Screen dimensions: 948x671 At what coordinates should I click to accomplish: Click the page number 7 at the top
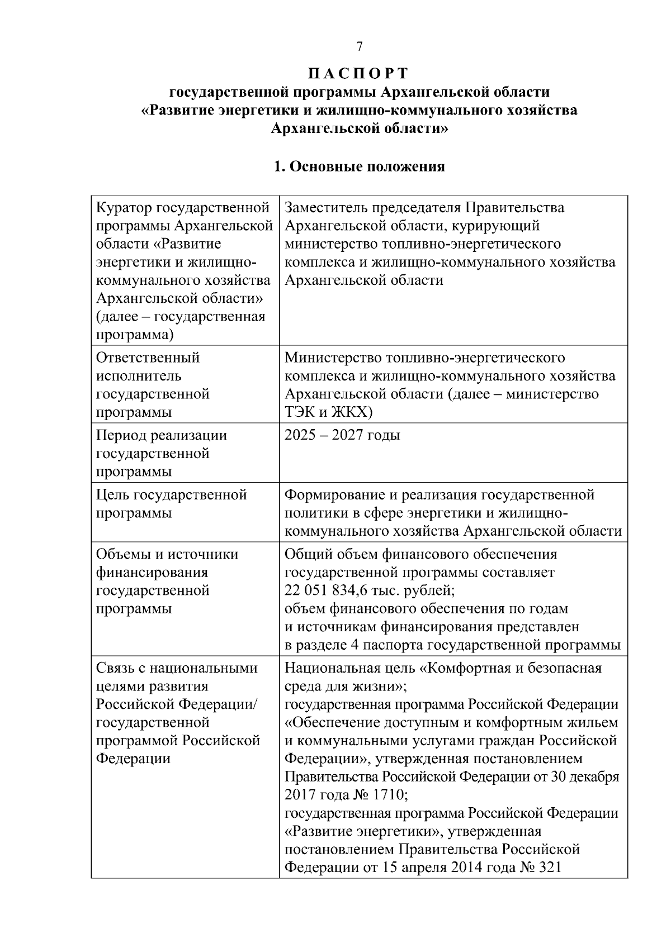click(360, 47)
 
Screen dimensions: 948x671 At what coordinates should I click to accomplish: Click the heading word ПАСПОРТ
click(359, 73)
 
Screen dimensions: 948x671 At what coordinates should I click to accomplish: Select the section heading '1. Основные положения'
click(359, 166)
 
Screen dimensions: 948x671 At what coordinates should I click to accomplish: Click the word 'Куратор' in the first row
click(124, 208)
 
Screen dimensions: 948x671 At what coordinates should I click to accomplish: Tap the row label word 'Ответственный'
click(148, 358)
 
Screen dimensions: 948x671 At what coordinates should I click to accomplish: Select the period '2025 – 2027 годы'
click(342, 435)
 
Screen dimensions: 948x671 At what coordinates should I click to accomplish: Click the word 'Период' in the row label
click(121, 435)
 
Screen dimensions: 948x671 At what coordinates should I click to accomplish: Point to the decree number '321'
click(548, 868)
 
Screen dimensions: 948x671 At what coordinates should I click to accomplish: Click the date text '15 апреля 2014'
click(430, 868)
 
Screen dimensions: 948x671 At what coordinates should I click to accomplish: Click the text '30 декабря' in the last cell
click(587, 777)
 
